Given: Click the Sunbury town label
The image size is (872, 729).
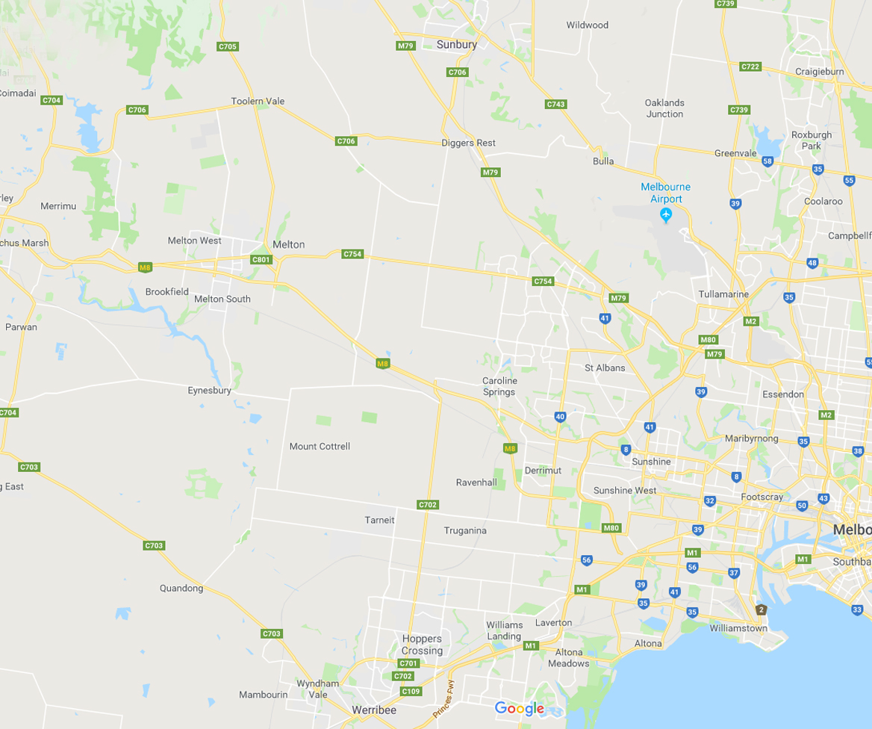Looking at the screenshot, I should (x=456, y=45).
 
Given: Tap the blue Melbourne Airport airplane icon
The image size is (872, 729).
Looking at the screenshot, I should (x=666, y=216).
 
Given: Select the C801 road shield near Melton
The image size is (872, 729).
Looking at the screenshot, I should (x=261, y=260).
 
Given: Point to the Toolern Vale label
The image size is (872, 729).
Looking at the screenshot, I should (x=258, y=102).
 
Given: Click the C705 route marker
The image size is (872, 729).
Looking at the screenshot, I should (x=228, y=46).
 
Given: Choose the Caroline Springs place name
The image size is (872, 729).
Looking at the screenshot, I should (x=499, y=386).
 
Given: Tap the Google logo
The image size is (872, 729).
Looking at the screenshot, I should (x=520, y=709).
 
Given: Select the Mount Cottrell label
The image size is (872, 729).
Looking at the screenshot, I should (x=320, y=447).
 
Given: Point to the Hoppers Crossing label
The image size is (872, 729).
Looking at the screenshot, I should (x=422, y=645).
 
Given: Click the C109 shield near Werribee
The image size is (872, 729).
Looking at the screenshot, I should (x=411, y=691).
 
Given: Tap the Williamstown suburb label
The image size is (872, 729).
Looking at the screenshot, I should (x=738, y=628).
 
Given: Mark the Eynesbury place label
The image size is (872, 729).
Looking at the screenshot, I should (x=209, y=391).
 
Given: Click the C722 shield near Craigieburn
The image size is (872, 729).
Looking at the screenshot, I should (x=750, y=66).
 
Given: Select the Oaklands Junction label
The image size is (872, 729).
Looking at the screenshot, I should (x=664, y=108).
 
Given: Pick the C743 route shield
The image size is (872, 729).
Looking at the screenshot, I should (x=555, y=105).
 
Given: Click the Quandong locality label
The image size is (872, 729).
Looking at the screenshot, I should (x=181, y=589).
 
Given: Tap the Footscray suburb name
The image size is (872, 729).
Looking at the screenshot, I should (x=762, y=497).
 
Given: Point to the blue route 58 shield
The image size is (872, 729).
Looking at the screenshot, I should (x=767, y=161).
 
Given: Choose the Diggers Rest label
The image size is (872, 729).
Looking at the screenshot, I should (x=468, y=143).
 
